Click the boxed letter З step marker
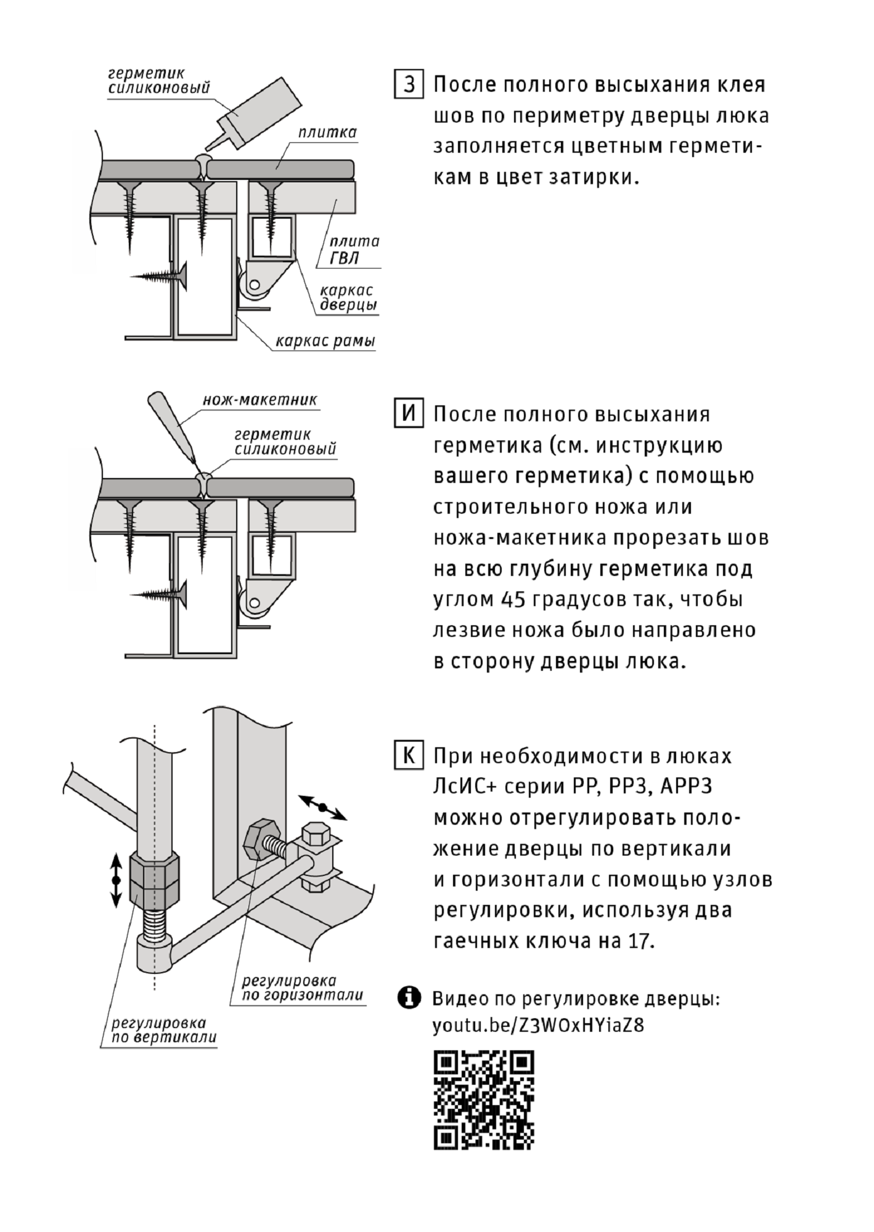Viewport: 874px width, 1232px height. pyautogui.click(x=408, y=84)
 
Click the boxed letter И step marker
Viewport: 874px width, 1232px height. pyautogui.click(x=408, y=413)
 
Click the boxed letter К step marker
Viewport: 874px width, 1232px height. pyautogui.click(x=408, y=755)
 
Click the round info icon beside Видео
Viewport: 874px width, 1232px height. pyautogui.click(x=409, y=997)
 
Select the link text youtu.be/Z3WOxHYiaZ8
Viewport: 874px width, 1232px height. pyautogui.click(x=538, y=1026)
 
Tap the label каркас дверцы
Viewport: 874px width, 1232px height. pyautogui.click(x=348, y=297)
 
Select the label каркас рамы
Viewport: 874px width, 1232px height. pyautogui.click(x=325, y=341)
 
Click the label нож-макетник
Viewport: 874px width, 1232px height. pyautogui.click(x=259, y=400)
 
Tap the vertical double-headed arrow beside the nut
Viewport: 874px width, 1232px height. pyautogui.click(x=115, y=880)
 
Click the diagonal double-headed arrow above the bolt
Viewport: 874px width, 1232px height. pyautogui.click(x=322, y=807)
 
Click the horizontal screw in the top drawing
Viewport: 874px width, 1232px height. pyautogui.click(x=160, y=277)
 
